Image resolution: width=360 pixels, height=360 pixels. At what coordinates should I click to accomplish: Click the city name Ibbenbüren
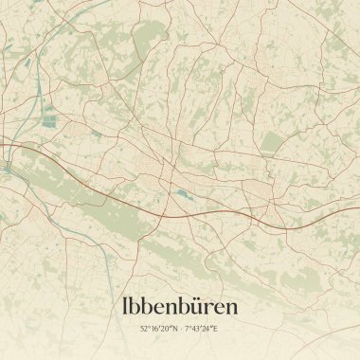click(x=179, y=306)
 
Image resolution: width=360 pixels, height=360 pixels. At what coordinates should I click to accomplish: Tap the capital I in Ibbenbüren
click(x=126, y=306)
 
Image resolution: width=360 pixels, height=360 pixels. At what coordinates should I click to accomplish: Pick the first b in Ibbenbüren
click(x=138, y=306)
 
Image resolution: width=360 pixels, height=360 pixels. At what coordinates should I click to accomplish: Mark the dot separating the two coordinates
click(x=180, y=329)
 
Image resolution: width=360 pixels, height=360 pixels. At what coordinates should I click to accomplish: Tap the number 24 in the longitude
click(x=208, y=329)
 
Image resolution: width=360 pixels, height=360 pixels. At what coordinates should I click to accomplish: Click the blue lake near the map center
click(x=180, y=193)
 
